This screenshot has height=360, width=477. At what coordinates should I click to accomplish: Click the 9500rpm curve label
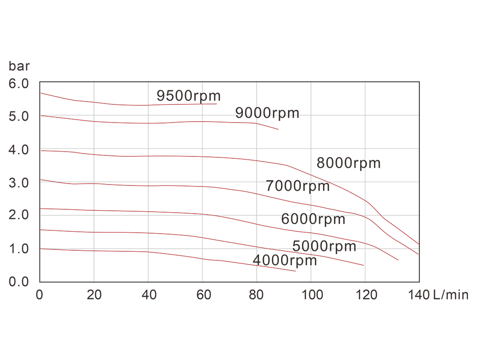[x=188, y=96]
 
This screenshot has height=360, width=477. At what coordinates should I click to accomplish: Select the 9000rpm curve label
[x=267, y=113]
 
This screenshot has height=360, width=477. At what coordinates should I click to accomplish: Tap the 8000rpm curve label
[x=349, y=163]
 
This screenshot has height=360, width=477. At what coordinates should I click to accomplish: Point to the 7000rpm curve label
[x=298, y=186]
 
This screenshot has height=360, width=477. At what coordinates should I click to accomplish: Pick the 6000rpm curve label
[x=313, y=219]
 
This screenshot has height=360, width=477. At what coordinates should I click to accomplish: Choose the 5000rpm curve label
[x=324, y=247]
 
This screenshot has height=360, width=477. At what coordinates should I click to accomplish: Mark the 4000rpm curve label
[x=285, y=261]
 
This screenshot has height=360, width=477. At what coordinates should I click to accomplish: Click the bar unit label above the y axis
[x=19, y=66]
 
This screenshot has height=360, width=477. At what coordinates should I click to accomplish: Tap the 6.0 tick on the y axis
[x=19, y=83]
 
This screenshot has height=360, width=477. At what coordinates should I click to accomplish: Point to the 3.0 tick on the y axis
[x=19, y=183]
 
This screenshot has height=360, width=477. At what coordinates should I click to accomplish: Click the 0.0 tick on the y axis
[x=19, y=282]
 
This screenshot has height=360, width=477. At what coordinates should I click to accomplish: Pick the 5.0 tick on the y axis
[x=19, y=116]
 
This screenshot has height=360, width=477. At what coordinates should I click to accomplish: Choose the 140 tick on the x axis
[x=419, y=295]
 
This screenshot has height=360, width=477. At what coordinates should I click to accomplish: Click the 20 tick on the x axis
[x=94, y=295]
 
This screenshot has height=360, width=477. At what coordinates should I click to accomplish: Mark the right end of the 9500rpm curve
[x=217, y=103]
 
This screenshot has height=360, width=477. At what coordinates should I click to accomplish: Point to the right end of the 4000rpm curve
[x=296, y=271]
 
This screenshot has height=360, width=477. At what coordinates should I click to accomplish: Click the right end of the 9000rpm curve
[x=278, y=129]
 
